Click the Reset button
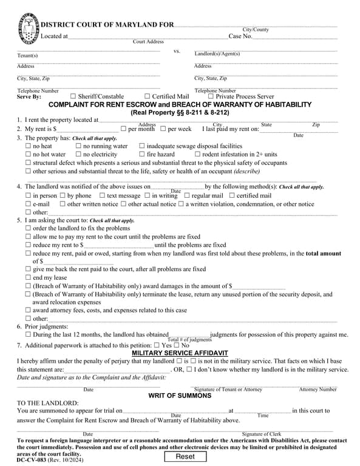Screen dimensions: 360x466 point(185,456)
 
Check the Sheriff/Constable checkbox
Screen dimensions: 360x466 point(73,96)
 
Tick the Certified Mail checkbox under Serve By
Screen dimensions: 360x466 point(148,96)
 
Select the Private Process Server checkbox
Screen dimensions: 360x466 point(211,96)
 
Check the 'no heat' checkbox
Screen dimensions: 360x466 point(28,146)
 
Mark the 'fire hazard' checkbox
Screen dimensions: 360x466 point(142,155)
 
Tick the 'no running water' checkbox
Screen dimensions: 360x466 point(78,146)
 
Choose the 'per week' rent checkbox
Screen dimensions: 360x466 point(163,129)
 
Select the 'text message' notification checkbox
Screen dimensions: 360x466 point(102,196)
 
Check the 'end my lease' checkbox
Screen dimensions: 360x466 point(28,277)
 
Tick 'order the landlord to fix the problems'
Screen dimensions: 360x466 point(28,228)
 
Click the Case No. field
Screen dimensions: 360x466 point(294,36)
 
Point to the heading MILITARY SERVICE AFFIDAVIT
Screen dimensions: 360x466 point(180,353)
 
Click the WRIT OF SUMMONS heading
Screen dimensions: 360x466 point(180,396)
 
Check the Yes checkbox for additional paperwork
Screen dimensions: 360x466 point(157,345)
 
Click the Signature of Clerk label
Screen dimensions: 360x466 point(261,434)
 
